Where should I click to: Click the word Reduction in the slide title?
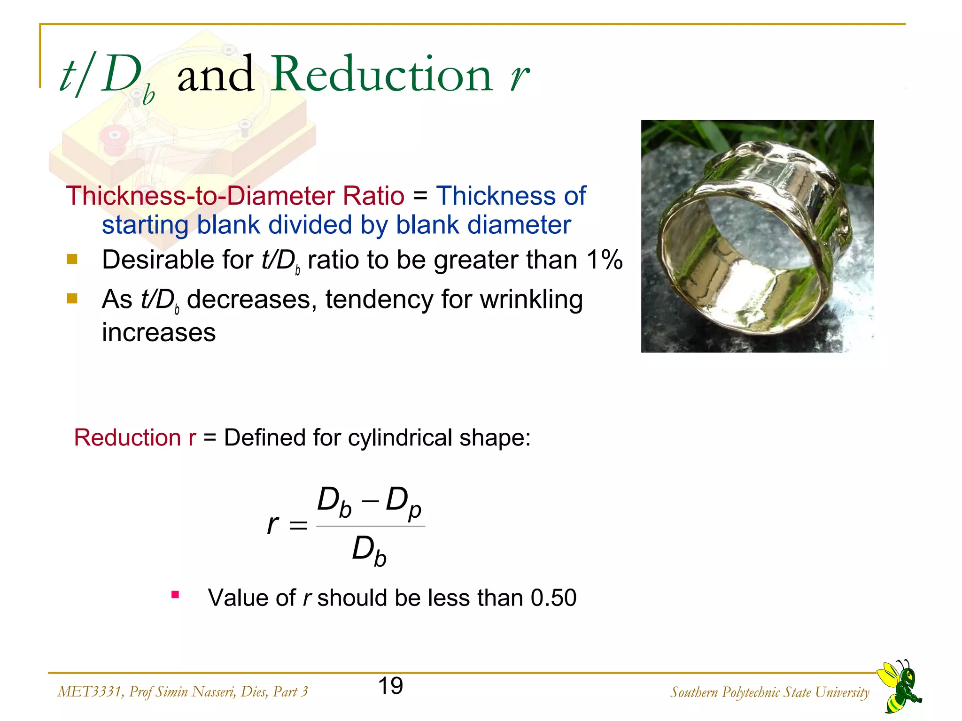tap(382, 74)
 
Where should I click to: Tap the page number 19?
tap(390, 686)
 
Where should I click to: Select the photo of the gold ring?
tap(757, 236)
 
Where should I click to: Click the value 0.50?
tap(553, 598)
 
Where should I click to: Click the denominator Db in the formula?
tap(369, 550)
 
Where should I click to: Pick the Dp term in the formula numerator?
tap(403, 501)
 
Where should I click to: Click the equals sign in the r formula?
tap(298, 525)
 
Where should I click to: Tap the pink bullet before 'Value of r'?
tap(175, 595)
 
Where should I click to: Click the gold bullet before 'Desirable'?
tap(72, 259)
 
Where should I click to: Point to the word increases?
tap(159, 332)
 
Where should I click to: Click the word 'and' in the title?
tap(216, 74)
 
